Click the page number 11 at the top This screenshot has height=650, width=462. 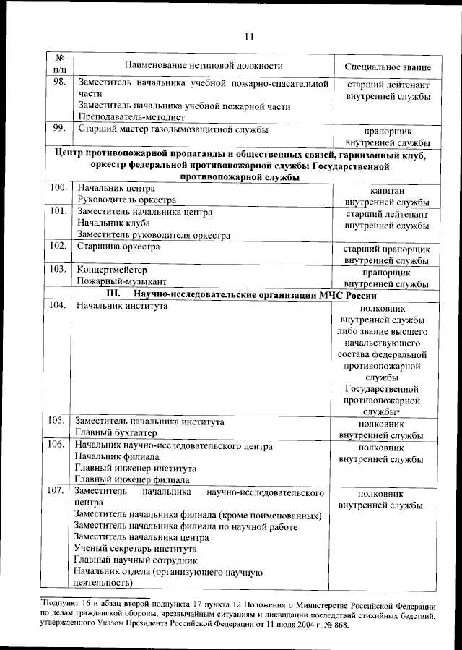[x=249, y=37]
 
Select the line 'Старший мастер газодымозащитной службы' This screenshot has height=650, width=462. [x=173, y=130]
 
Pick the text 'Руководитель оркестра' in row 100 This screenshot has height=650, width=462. [x=126, y=200]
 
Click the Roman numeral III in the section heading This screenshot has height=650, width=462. [x=113, y=294]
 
